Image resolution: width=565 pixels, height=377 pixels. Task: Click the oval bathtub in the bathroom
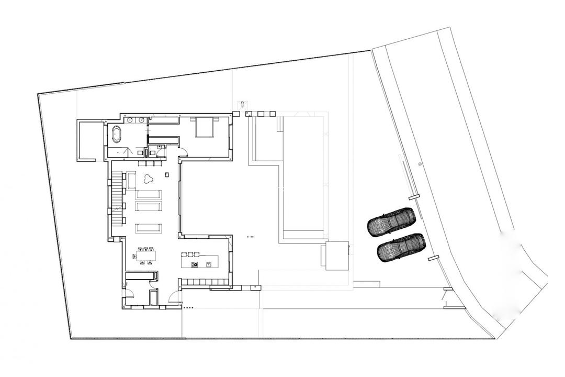[x=116, y=135]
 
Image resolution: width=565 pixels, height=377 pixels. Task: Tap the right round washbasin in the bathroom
[x=141, y=120]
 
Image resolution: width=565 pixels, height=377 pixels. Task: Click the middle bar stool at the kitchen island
[x=190, y=254]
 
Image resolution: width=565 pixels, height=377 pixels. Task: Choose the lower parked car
[x=401, y=247]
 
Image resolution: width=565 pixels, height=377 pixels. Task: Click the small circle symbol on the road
[x=420, y=164]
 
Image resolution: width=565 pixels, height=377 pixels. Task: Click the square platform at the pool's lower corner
[x=335, y=255]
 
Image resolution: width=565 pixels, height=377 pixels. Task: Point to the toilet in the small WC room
[x=152, y=153]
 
